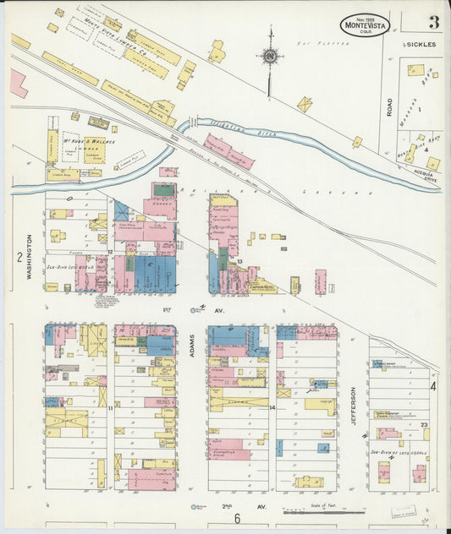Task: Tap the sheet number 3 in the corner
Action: pyautogui.click(x=432, y=22)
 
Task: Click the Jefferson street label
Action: pyautogui.click(x=353, y=404)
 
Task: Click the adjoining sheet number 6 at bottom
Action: pyautogui.click(x=238, y=519)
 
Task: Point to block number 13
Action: pyautogui.click(x=240, y=262)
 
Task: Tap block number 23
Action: pyautogui.click(x=424, y=424)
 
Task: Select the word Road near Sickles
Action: pyautogui.click(x=390, y=106)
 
